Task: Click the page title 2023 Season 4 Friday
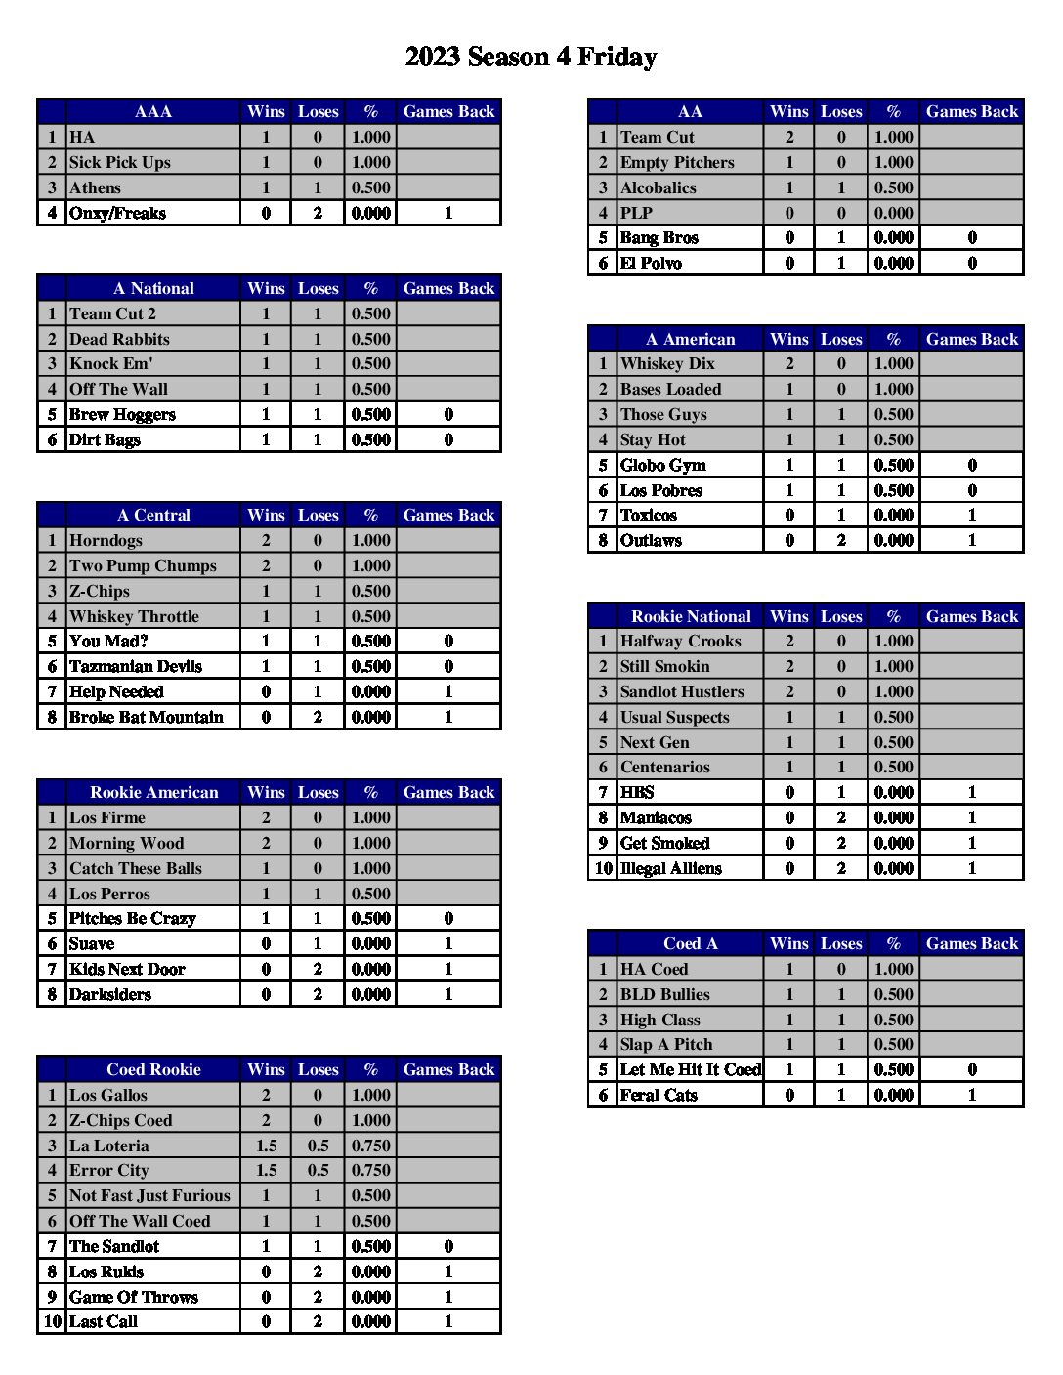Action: click(x=531, y=58)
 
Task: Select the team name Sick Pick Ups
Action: click(x=119, y=163)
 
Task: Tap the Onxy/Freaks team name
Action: click(x=117, y=213)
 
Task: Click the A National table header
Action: click(x=153, y=289)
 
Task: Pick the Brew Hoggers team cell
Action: click(x=122, y=415)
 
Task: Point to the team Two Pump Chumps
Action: click(x=143, y=566)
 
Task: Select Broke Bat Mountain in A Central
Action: click(x=146, y=718)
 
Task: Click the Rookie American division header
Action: click(x=153, y=793)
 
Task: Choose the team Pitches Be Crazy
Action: click(x=132, y=919)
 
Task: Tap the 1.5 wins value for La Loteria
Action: click(x=266, y=1146)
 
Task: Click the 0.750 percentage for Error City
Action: click(x=370, y=1171)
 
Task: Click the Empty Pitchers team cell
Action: click(x=677, y=163)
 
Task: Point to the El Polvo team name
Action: click(x=651, y=264)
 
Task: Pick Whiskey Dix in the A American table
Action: click(x=667, y=364)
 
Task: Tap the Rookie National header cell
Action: click(x=691, y=617)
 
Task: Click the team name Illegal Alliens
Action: click(x=671, y=869)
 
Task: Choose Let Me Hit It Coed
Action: click(x=690, y=1070)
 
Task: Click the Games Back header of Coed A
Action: click(x=971, y=944)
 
